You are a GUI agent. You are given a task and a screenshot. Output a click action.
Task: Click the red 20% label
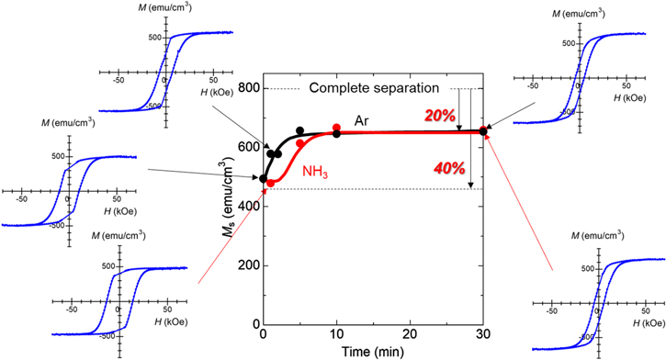[x=439, y=115]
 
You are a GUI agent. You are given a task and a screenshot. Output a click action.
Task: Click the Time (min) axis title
[x=374, y=352]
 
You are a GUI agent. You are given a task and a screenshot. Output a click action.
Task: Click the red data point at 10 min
[x=336, y=128]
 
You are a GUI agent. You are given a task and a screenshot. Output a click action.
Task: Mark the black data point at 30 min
[x=483, y=131]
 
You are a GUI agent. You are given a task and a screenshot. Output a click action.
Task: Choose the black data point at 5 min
[x=300, y=130]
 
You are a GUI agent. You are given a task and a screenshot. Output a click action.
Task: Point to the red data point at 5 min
[x=300, y=143]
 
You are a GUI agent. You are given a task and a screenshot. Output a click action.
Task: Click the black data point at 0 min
[x=265, y=178]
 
